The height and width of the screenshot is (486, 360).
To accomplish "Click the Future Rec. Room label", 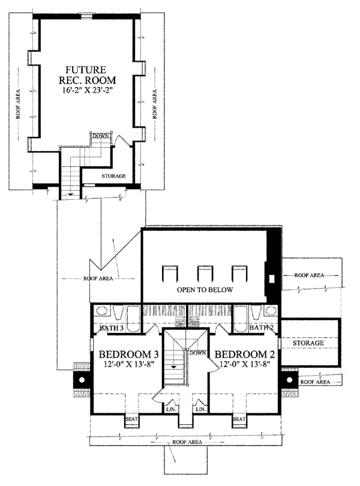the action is [x=87, y=74].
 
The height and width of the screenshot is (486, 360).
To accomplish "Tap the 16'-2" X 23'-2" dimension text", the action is [x=87, y=91].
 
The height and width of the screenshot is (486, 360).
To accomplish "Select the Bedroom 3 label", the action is [x=128, y=354].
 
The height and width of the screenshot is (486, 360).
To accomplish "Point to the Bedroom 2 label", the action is [x=245, y=354].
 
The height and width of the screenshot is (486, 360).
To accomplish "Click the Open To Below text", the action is [x=205, y=290].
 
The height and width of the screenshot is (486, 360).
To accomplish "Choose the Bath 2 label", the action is [x=261, y=328].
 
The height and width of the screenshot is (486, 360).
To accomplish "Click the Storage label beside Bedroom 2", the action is [x=308, y=343].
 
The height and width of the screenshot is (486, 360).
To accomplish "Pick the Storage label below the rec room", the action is [x=114, y=176].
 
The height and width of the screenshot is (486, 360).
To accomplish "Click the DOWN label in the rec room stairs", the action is [x=101, y=136].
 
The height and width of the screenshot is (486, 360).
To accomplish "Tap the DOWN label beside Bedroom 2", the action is [x=198, y=353].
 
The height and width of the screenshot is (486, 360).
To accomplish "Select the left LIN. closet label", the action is [x=171, y=409].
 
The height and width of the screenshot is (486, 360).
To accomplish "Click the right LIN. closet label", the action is [x=200, y=409].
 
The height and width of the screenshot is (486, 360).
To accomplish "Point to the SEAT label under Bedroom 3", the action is [x=131, y=419].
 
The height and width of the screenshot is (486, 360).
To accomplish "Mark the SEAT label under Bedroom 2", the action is [x=239, y=419].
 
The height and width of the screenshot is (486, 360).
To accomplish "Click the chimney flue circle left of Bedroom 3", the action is [x=82, y=379].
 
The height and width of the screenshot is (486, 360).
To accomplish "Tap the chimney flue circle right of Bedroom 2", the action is [x=290, y=379].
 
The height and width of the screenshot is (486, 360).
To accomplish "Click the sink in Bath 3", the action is [x=101, y=311].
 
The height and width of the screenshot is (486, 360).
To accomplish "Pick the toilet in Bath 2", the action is [x=256, y=312].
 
